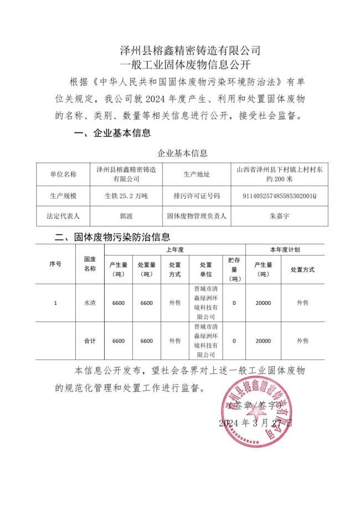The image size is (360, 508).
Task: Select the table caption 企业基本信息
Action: [x=183, y=152]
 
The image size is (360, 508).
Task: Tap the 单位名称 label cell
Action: [x=63, y=174]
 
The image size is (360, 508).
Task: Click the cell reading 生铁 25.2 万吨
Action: [x=126, y=196]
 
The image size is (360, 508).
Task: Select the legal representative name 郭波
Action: [x=126, y=216]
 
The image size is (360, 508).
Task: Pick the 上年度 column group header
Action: [x=175, y=250]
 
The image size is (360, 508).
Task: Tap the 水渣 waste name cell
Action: [x=90, y=303]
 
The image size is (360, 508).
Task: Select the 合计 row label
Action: [x=90, y=341]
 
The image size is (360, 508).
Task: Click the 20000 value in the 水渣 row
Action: [x=263, y=303]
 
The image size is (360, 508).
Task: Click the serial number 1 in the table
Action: [x=55, y=303]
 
